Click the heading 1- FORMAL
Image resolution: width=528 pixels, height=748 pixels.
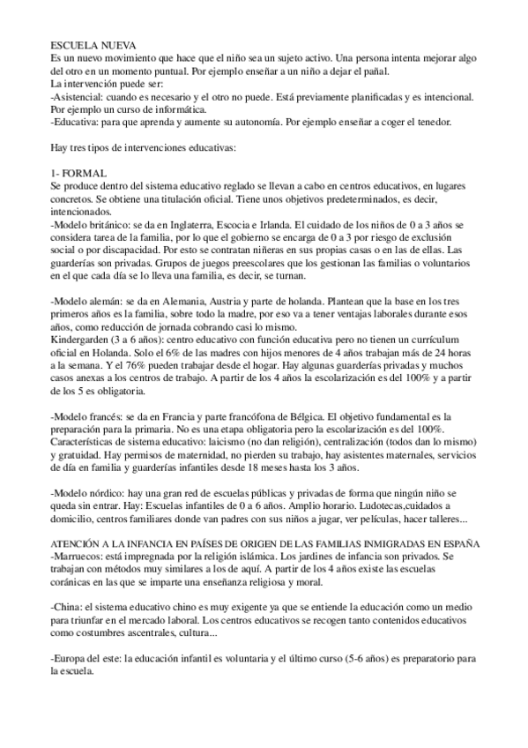tap(79, 174)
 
